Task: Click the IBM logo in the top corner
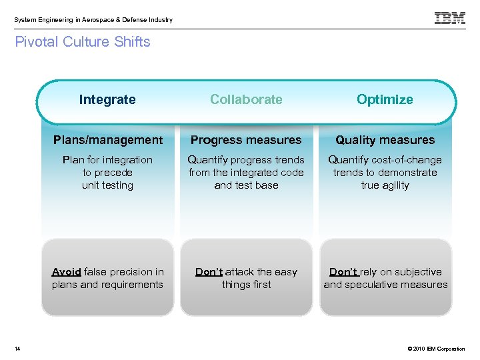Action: [x=450, y=19]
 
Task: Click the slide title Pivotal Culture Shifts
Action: [x=83, y=42]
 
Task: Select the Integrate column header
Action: [x=107, y=100]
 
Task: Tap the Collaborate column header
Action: [x=246, y=100]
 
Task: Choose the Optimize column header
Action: [x=385, y=100]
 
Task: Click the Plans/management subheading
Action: [x=107, y=140]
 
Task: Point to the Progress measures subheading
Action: [x=246, y=140]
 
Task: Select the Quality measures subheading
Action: [x=385, y=140]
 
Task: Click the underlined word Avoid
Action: [x=66, y=272]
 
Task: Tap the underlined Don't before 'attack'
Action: [x=209, y=272]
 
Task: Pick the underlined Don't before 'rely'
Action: [x=344, y=272]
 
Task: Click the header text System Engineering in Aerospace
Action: [x=93, y=20]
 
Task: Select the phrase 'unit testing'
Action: [x=107, y=185]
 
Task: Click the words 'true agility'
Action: [x=385, y=185]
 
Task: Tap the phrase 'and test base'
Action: [x=246, y=185]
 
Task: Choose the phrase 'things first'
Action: [x=246, y=285]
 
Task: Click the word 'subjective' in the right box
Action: [x=418, y=272]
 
